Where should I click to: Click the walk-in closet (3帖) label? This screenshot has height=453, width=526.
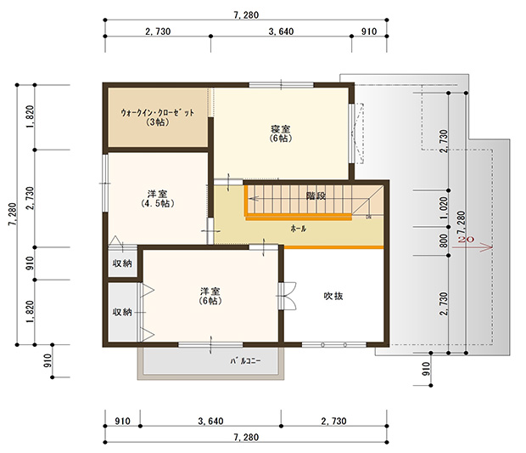pos(157,117)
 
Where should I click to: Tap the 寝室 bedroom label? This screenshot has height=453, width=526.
pos(281,133)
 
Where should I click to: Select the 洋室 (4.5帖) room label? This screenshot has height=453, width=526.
pos(157,199)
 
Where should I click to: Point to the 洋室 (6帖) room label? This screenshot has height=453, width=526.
pos(210,296)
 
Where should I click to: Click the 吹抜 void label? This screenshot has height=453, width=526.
pos(333,296)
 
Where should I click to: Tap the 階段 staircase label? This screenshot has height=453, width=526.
pos(316,195)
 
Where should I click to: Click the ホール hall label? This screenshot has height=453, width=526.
pos(299,229)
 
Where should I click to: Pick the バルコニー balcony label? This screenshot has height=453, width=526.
pos(245,361)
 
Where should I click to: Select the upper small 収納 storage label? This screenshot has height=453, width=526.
pos(122,263)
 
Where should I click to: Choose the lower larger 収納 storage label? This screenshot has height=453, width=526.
pos(122,312)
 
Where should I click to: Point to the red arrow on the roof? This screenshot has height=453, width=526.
pos(473,247)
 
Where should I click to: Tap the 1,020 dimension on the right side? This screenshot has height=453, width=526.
pos(444,208)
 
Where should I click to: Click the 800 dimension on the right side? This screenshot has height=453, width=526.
pos(444,241)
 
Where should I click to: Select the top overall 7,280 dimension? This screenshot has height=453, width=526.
pos(247,15)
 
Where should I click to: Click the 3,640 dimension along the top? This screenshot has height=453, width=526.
pos(281,31)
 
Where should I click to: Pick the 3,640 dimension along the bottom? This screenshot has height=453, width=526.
pos(210,421)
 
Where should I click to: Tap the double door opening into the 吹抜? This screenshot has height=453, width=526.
pos(287,296)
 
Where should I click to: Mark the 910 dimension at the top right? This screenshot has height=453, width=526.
pos(369,31)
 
